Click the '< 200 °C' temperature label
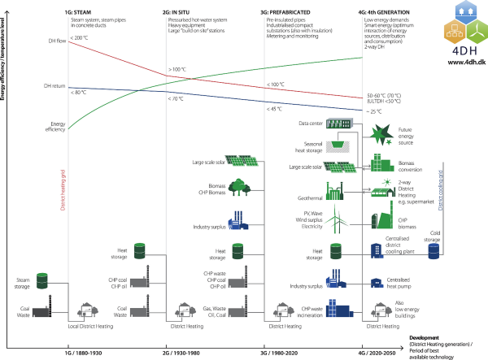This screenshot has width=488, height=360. [78, 37]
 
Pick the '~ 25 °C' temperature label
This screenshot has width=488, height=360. [375, 110]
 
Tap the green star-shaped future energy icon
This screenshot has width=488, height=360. [383, 133]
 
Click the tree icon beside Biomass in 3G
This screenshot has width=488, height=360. [239, 188]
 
